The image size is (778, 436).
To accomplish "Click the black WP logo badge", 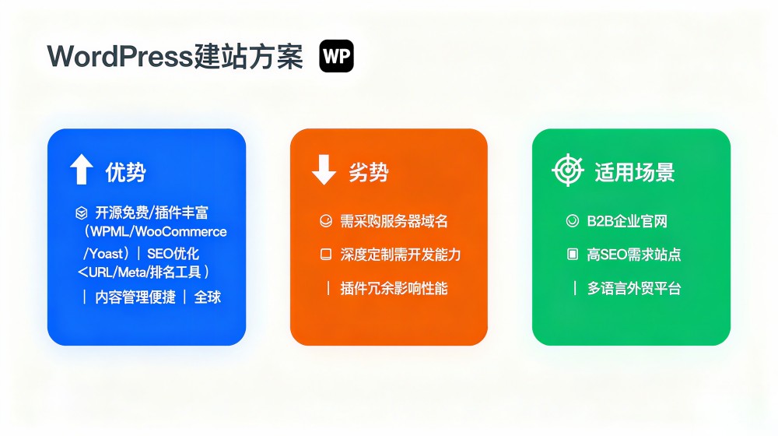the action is pos(336,56).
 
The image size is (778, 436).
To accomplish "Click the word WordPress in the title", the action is pos(120,56).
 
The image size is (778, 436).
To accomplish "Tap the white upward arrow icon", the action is pos(82,169).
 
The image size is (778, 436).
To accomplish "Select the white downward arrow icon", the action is pos(324,169).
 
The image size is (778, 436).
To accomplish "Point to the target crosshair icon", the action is pos(568,171).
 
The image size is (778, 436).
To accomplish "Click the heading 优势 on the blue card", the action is pos(125,172).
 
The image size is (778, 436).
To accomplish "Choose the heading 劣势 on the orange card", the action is pos(368,172).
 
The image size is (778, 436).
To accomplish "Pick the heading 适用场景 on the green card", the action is pos(635,172).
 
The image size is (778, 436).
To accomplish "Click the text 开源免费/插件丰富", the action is pos(152,213).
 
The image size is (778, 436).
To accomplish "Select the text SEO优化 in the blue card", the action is pos(173,254).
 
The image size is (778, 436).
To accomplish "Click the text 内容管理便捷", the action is pos(135,297).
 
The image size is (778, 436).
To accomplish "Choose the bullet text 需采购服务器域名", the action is pos(394,221).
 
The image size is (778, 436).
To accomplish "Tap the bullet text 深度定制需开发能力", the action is pos(401,255).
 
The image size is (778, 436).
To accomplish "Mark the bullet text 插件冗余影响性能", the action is pos(394,289).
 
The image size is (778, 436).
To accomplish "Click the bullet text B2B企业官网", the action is pos(627,221).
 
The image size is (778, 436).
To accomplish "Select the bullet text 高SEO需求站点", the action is pos(633,255).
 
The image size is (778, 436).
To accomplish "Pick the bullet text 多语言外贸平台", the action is pos(633,289).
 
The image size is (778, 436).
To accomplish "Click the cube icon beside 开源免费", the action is pos(82,213).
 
